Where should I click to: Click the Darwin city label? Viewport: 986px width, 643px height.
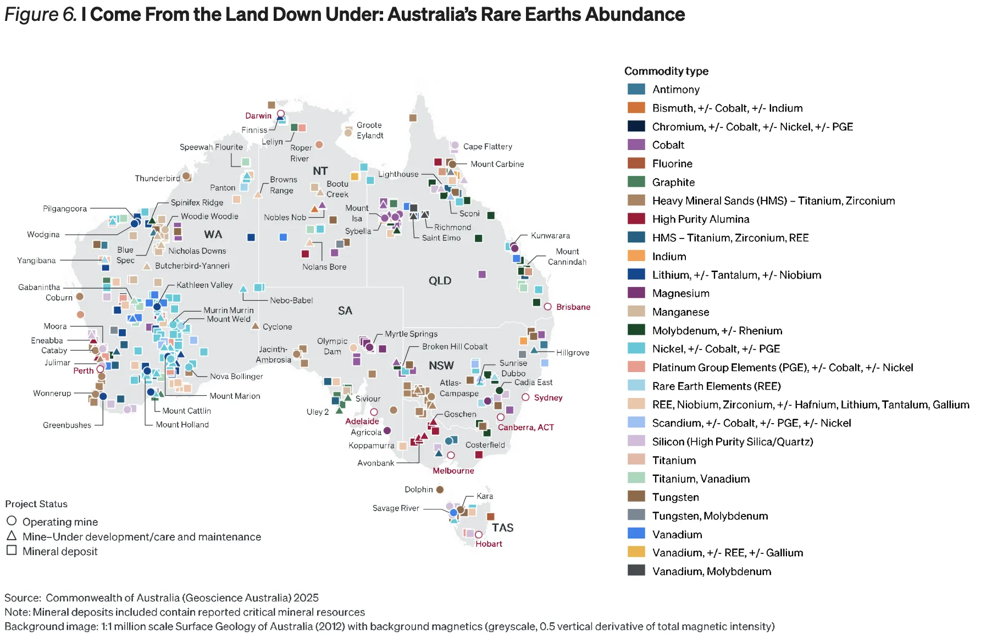[x=258, y=115]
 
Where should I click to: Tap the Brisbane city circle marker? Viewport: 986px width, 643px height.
[x=547, y=307]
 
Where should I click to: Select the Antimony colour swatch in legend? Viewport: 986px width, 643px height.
[x=636, y=89]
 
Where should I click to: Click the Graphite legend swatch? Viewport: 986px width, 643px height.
[x=636, y=182]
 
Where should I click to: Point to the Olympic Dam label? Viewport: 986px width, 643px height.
[x=332, y=346]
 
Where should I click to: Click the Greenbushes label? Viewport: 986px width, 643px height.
[x=67, y=425]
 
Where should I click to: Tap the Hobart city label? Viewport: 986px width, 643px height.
[x=489, y=544]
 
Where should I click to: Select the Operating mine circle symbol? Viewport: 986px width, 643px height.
[x=12, y=520]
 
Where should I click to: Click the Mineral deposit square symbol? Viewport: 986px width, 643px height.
[x=12, y=550]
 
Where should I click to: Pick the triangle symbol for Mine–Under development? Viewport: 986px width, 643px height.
[x=12, y=535]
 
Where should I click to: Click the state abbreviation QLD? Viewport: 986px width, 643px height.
[x=440, y=281]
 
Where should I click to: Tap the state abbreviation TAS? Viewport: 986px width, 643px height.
[x=502, y=528]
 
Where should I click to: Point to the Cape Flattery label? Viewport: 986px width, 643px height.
[x=488, y=147]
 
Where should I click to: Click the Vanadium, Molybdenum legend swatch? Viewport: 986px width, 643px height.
[x=636, y=570]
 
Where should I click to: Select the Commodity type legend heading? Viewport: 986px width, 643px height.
[x=666, y=71]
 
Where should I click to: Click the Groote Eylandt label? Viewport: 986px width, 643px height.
[x=369, y=130]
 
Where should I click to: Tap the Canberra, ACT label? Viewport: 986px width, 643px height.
[x=525, y=428]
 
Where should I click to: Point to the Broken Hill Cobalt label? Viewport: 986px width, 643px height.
[x=455, y=347]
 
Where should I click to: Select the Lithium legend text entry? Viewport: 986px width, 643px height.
[x=736, y=275]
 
